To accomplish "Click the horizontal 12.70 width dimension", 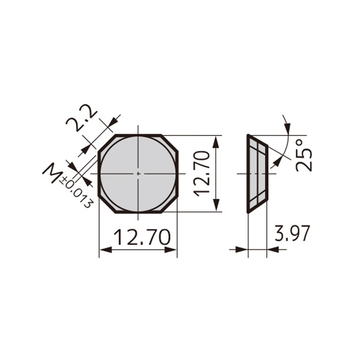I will [x=138, y=238].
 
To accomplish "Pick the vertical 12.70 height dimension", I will [x=202, y=173].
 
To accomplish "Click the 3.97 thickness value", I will [x=292, y=233].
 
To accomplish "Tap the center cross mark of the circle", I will [x=138, y=173].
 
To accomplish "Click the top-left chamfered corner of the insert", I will [x=106, y=143].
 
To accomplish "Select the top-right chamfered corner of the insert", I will [x=170, y=143].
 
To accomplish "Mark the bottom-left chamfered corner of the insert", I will [x=106, y=204].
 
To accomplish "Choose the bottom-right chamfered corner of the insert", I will [x=170, y=204].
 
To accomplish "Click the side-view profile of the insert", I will [x=257, y=173].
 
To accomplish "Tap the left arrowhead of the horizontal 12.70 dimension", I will [x=103, y=249].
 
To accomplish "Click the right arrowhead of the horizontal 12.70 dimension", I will [x=173, y=249].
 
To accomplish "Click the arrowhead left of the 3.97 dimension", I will [x=242, y=249].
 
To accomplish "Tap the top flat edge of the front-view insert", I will [x=138, y=135].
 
